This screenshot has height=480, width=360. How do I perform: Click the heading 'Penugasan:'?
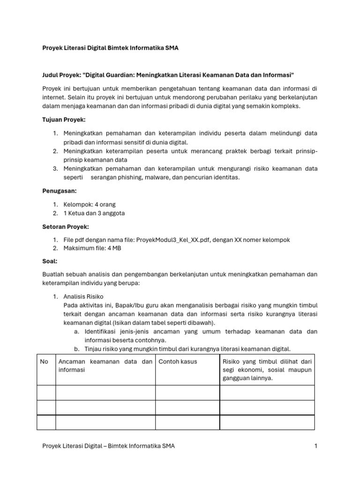coord(60,191)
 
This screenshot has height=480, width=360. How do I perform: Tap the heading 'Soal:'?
coord(50,261)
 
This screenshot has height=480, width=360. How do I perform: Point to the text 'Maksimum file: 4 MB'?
coord(92,248)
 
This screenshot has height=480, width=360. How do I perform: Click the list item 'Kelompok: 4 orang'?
coord(90,204)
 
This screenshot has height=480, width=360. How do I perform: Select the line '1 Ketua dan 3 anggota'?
coord(94,213)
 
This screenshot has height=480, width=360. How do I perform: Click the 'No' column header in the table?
coord(44,361)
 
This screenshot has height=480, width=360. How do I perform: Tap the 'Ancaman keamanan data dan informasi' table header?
coord(105,365)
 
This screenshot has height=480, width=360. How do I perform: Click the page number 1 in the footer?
coord(316,446)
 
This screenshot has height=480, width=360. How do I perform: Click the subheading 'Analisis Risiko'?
coord(83,297)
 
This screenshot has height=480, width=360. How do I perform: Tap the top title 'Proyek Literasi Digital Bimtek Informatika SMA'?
coord(110,48)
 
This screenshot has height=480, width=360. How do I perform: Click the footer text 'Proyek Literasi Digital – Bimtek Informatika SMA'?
coord(109,446)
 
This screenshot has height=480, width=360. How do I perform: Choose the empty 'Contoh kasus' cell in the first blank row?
coord(187,392)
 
